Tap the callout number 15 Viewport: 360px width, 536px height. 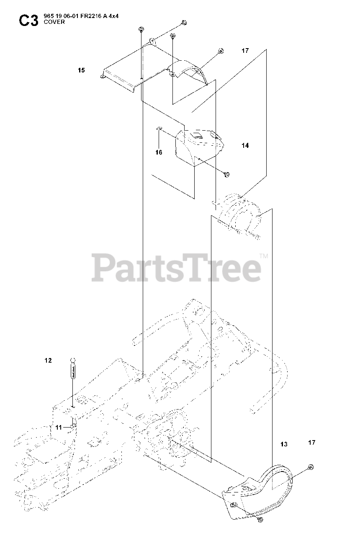(x=81, y=70)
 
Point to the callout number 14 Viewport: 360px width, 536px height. (x=245, y=145)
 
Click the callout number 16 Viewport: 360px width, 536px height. (x=159, y=152)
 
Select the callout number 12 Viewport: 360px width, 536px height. (x=49, y=360)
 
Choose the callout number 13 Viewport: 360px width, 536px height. (x=284, y=444)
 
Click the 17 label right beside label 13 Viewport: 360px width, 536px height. (x=311, y=443)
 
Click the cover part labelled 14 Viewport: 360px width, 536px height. (x=200, y=144)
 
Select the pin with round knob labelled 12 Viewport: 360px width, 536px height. (x=73, y=368)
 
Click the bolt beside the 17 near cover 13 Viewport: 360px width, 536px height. (x=310, y=467)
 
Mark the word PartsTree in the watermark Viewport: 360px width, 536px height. (x=176, y=268)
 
